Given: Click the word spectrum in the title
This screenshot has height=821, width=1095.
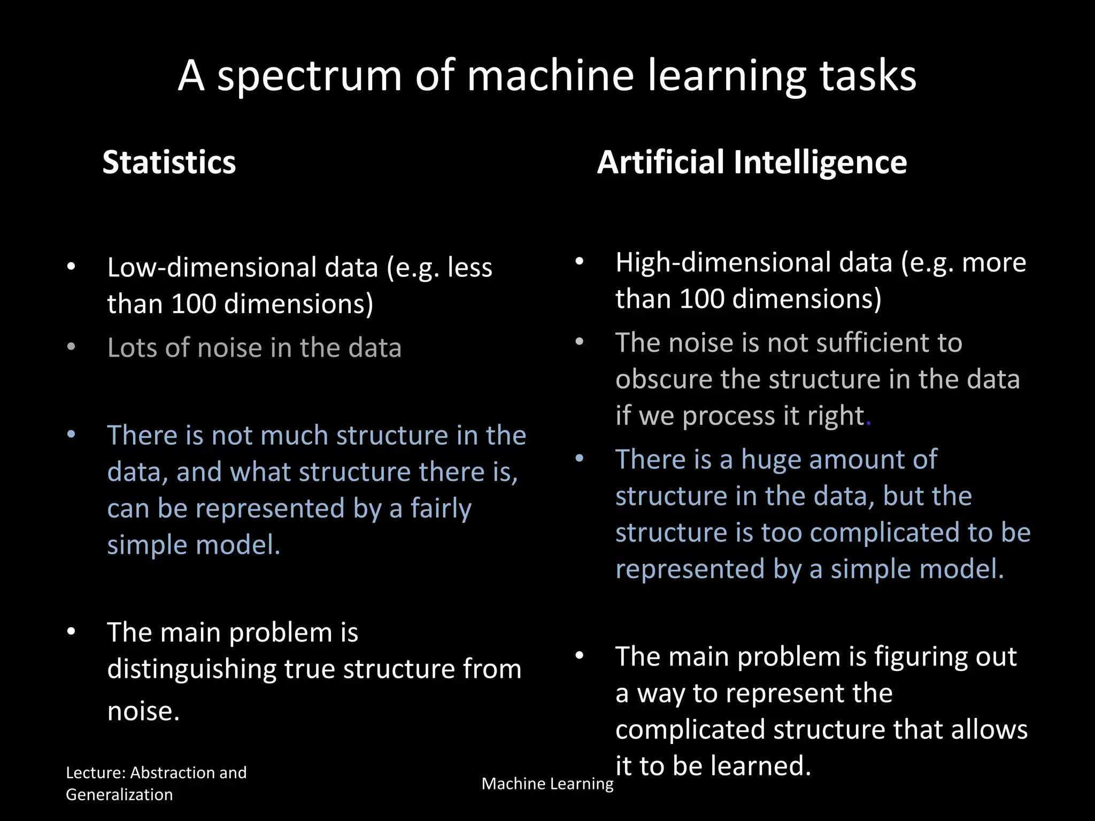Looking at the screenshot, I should click(309, 76).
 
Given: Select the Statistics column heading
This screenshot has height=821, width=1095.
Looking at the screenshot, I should click(169, 162).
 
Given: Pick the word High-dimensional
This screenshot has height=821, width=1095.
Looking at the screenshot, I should click(754, 262).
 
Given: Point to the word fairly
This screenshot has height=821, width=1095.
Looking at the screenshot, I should click(441, 508).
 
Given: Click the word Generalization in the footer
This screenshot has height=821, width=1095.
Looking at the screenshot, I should click(119, 795).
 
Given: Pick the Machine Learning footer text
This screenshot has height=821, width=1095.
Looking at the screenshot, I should click(547, 784).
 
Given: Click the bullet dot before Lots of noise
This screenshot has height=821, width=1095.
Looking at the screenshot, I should click(71, 347).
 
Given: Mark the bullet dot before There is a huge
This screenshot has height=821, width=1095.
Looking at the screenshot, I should click(579, 459).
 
